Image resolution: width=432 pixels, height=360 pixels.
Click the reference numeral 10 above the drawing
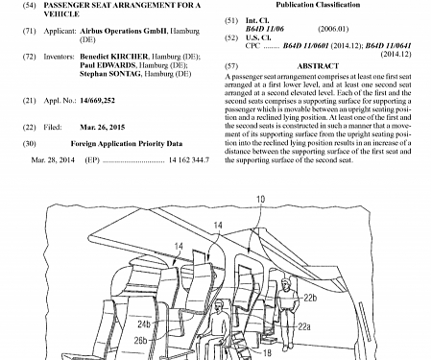pos(262,200)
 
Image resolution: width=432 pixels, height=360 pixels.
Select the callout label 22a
pos(302,325)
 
